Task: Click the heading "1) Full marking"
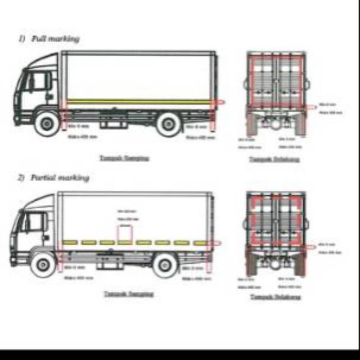(x=49, y=38)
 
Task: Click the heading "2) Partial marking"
(x=53, y=178)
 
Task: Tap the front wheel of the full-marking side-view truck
(x=47, y=123)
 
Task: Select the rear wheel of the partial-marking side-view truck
(x=165, y=264)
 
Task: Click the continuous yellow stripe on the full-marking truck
(x=141, y=101)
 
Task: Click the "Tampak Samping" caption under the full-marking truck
(x=124, y=158)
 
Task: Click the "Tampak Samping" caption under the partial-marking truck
(x=129, y=293)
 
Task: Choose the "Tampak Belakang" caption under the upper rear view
(x=274, y=159)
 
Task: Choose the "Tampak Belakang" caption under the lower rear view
(x=275, y=296)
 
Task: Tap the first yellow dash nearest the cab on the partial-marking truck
(x=70, y=242)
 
